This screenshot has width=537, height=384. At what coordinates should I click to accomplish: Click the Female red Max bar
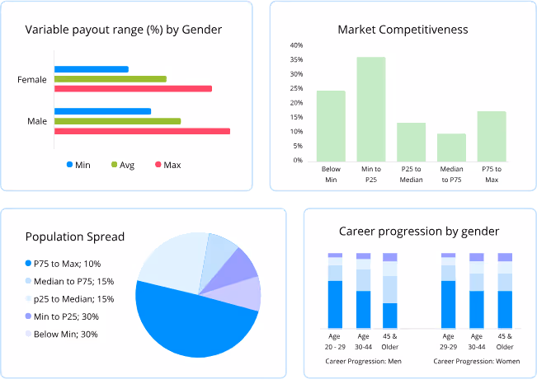(133, 89)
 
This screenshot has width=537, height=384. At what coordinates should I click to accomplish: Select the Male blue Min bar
(102, 111)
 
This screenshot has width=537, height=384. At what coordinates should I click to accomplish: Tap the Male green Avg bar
(117, 121)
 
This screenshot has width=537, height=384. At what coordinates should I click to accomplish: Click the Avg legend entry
(122, 165)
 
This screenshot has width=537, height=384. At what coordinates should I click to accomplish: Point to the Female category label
(32, 80)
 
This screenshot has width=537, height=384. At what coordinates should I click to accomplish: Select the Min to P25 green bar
(371, 109)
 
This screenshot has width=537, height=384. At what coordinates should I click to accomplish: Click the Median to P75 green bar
(451, 147)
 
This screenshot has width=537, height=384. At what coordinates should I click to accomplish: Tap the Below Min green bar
(331, 125)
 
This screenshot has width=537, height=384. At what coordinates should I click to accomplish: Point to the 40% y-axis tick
(297, 45)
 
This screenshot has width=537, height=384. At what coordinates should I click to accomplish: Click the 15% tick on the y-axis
(297, 118)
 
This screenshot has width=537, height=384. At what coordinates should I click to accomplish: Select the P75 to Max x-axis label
(492, 174)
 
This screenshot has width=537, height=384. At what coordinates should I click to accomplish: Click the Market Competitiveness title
(403, 30)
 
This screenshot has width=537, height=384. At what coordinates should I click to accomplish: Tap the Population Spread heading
(75, 237)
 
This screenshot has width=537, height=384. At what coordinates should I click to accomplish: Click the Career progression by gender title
(418, 231)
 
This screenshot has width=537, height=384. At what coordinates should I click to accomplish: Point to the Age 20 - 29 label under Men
(335, 340)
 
